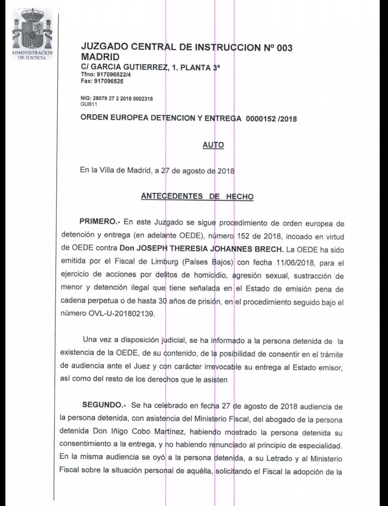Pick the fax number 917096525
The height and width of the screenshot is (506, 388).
[x=108, y=81]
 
